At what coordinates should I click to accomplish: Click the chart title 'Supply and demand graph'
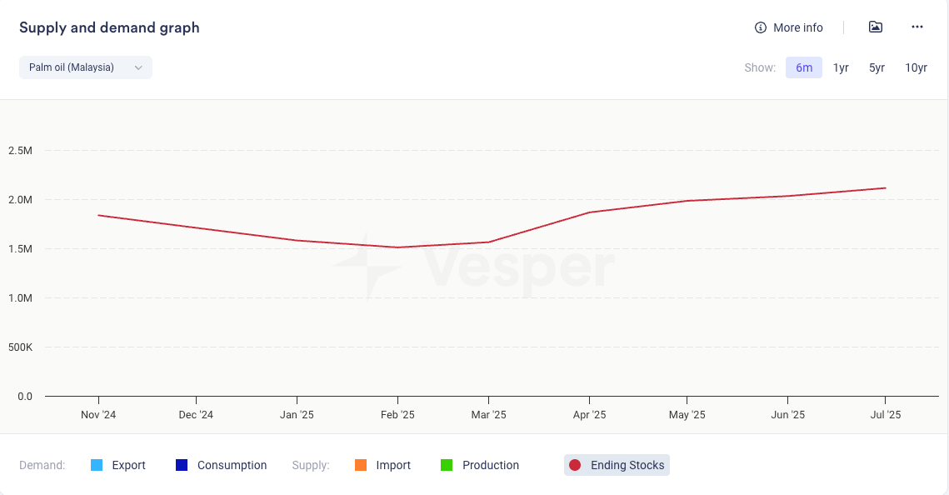tap(109, 27)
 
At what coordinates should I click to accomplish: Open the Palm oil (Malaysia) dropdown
tap(85, 67)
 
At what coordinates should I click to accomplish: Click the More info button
tap(788, 27)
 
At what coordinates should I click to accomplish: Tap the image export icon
tap(875, 27)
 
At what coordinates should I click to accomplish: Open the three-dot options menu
tap(917, 27)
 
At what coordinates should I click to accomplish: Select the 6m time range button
tap(803, 67)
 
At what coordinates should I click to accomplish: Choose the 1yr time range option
tap(841, 67)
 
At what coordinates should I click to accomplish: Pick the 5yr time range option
tap(877, 67)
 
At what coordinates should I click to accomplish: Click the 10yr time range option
tap(916, 67)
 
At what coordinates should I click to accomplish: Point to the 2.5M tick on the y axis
tap(20, 151)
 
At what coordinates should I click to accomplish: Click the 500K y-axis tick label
tap(19, 347)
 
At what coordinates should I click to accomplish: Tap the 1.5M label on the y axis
tap(20, 249)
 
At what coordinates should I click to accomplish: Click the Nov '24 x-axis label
tap(98, 415)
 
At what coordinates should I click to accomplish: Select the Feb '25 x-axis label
tap(397, 415)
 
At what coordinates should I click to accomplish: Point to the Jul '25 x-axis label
tap(885, 415)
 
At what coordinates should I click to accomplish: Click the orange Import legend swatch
tap(360, 465)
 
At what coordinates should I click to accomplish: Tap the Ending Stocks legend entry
tap(617, 465)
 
